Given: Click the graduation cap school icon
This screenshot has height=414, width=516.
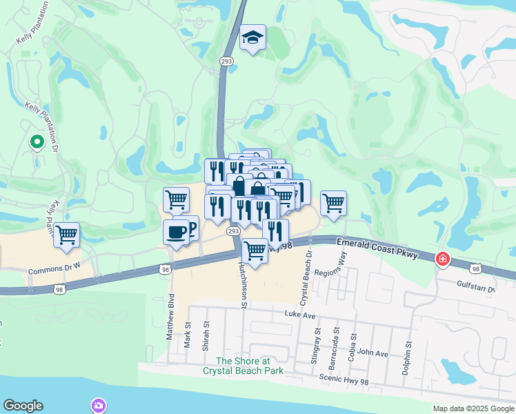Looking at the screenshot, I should [x=253, y=39].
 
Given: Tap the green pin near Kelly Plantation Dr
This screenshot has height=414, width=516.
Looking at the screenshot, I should [x=37, y=142].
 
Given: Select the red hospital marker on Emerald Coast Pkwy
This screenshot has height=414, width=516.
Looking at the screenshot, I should [x=441, y=259].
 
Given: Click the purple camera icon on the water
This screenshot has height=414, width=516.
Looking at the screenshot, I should [x=99, y=405].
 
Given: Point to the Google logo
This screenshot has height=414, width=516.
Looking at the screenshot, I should [x=23, y=406].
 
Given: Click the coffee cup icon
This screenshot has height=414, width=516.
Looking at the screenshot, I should [x=177, y=231].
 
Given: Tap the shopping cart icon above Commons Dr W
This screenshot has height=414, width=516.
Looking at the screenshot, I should [x=67, y=235].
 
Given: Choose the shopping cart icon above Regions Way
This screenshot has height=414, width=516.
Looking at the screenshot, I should [x=333, y=204].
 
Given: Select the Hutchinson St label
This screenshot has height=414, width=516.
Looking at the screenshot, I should [x=243, y=284].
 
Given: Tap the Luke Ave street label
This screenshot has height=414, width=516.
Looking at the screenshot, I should [x=299, y=314].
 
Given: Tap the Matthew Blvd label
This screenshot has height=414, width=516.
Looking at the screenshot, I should [x=170, y=315].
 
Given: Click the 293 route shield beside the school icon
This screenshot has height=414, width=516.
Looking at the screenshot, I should [x=226, y=61].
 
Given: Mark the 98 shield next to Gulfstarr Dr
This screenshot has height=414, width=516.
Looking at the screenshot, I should [x=475, y=267].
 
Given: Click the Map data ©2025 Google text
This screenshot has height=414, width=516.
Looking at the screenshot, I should [x=473, y=408].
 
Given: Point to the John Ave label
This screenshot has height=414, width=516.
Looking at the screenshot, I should [x=373, y=353].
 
